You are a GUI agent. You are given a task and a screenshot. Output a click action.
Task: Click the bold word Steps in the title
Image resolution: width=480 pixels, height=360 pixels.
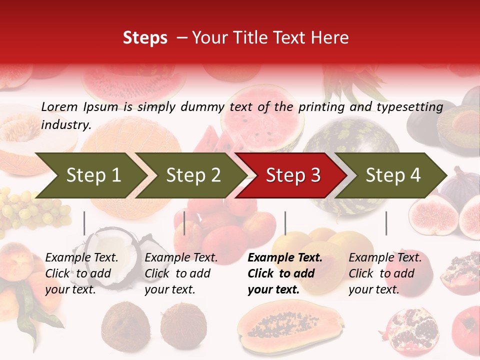[145, 38]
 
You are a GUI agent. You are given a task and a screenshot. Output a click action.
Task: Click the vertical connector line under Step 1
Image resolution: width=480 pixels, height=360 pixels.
[84, 223]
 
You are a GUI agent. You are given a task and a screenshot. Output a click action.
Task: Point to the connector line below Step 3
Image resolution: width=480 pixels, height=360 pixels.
[285, 223]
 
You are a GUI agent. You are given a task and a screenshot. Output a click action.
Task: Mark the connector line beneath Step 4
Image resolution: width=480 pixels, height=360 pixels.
[386, 223]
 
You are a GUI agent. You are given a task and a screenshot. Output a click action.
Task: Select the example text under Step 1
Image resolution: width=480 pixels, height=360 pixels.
[81, 273]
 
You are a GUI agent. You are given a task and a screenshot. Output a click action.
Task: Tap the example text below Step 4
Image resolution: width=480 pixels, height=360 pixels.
[385, 273]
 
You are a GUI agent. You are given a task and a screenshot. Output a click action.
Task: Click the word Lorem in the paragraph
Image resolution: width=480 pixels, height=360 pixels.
[59, 106]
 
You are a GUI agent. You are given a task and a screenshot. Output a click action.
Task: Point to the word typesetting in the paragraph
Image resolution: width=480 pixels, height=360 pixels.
[409, 106]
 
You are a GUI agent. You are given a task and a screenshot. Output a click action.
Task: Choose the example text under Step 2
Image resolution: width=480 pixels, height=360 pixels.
[181, 273]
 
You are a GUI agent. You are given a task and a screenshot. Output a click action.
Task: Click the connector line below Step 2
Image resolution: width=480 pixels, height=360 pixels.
[184, 223]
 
